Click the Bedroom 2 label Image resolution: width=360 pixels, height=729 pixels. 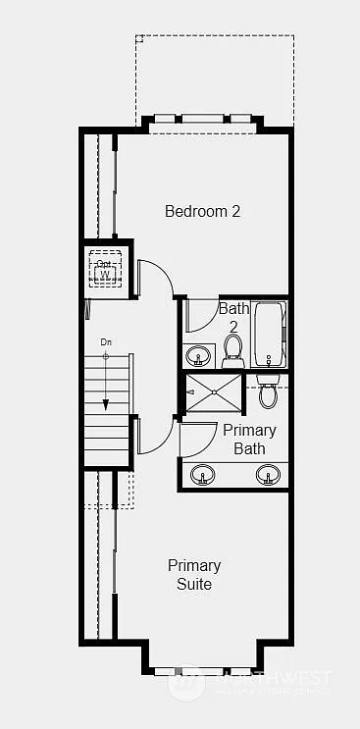tap(202, 211)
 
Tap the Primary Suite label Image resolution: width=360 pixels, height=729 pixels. tap(194, 575)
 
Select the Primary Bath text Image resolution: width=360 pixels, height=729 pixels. tap(249, 440)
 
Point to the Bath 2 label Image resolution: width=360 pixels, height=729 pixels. tap(233, 316)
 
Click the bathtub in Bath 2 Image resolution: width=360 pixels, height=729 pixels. tap(269, 334)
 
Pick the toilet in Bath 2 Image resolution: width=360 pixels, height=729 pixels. tap(233, 350)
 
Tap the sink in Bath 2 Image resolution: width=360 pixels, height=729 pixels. tap(199, 355)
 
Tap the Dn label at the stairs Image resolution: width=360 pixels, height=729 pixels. tap(107, 342)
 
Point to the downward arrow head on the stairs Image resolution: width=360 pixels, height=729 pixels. tap(106, 403)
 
